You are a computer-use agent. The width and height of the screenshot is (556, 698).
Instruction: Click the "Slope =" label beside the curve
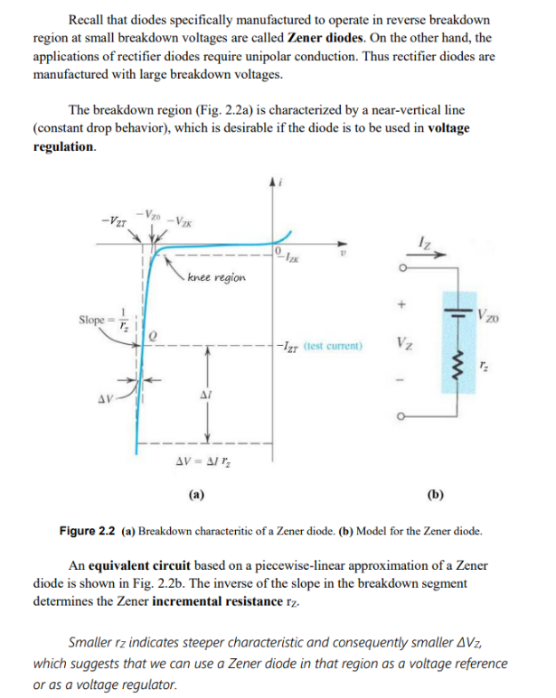(x=94, y=321)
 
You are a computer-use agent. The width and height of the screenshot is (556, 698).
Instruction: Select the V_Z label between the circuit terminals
(x=405, y=343)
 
